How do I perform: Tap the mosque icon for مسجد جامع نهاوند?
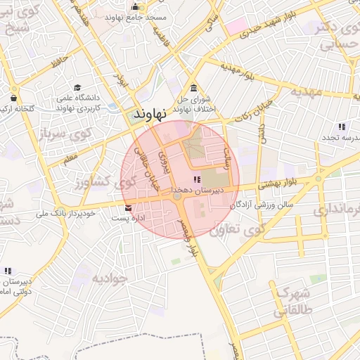[135, 6]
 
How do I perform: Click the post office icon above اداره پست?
[127, 208]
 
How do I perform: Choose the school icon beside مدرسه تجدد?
[341, 127]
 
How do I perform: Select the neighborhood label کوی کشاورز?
[99, 182]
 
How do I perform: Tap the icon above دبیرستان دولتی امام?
[8, 271]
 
